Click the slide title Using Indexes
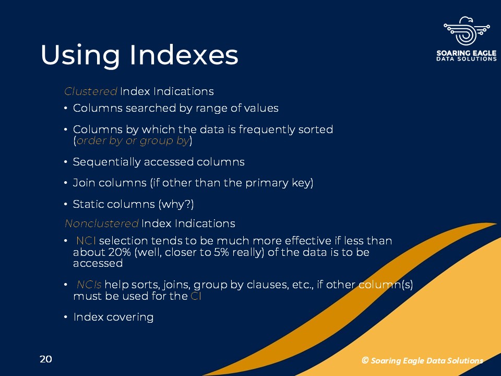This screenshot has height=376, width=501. [x=139, y=55]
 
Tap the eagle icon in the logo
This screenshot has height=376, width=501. [x=467, y=31]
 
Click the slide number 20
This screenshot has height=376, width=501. [x=46, y=359]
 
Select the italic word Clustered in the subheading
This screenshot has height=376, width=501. [x=91, y=91]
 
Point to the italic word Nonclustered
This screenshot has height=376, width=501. [x=102, y=224]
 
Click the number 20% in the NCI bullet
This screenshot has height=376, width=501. [x=120, y=252]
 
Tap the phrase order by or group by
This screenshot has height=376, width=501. [x=133, y=140]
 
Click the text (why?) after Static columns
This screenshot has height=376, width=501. [x=176, y=204]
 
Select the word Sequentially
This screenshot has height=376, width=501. [x=106, y=162]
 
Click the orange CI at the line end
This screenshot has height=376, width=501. [x=196, y=296]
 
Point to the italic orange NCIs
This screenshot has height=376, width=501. [x=89, y=285]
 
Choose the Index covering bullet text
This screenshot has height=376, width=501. [x=113, y=317]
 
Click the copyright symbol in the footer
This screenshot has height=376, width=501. [x=365, y=360]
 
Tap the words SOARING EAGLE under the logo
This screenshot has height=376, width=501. [x=467, y=53]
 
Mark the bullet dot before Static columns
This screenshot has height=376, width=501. [x=66, y=204]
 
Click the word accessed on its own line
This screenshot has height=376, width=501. [x=98, y=263]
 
